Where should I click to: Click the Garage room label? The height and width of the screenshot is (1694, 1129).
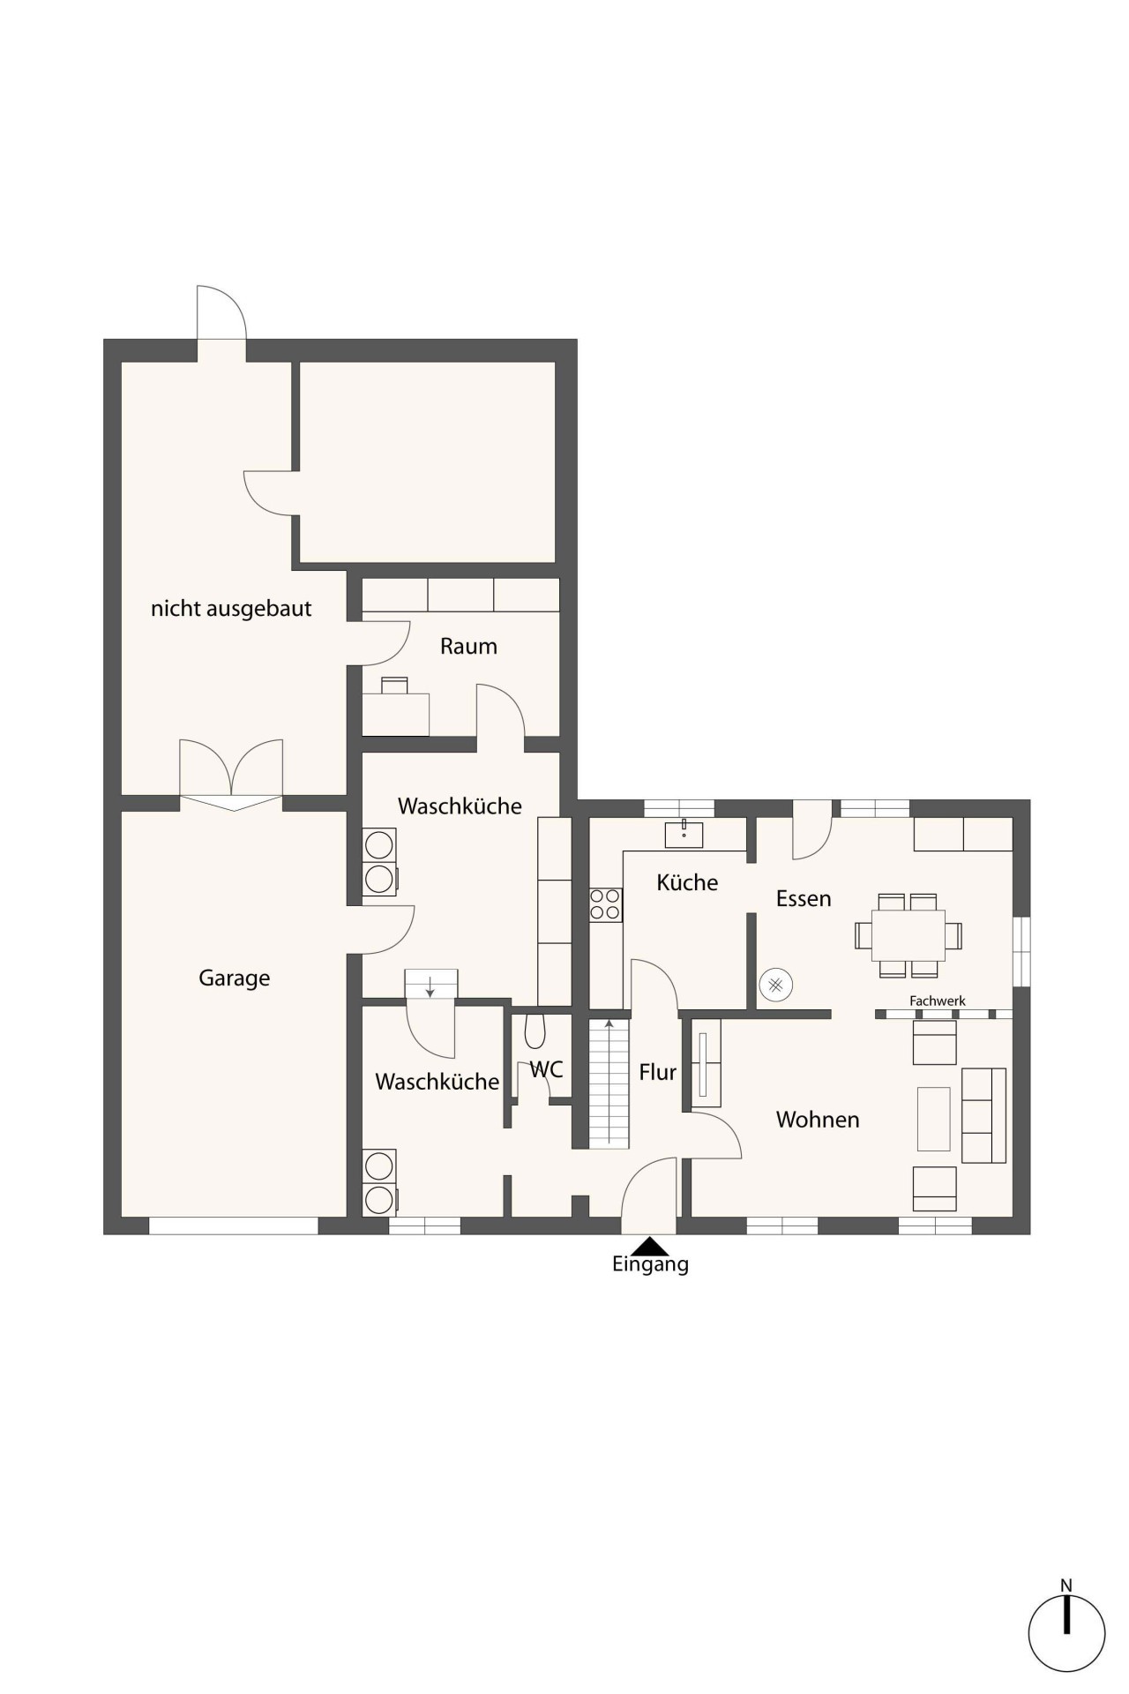point(234,978)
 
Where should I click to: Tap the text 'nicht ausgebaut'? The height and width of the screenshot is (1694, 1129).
point(231,609)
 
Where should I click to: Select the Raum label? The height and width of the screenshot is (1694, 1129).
point(468,647)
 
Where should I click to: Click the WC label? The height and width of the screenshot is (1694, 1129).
point(546,1069)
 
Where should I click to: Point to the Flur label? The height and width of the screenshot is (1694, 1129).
point(658,1072)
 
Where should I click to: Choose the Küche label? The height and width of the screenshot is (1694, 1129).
point(687,882)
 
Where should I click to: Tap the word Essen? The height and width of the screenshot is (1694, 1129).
point(804,899)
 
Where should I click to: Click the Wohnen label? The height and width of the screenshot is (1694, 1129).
point(818,1120)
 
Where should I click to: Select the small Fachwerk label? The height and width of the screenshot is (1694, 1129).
point(938,1001)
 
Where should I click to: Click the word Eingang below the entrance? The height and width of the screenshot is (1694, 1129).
point(650,1264)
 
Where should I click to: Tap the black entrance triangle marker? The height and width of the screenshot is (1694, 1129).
point(651,1245)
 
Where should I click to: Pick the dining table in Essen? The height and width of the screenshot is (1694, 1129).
point(908,935)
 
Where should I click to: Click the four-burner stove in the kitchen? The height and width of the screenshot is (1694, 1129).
point(606,904)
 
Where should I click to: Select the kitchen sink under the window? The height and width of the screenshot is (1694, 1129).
point(684,834)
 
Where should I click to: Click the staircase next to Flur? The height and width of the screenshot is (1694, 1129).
point(609,1083)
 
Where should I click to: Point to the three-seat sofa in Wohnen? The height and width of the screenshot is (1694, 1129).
point(983,1115)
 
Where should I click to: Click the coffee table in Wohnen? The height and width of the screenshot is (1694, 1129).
point(934,1119)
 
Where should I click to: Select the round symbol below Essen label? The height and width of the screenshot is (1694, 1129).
point(776,985)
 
